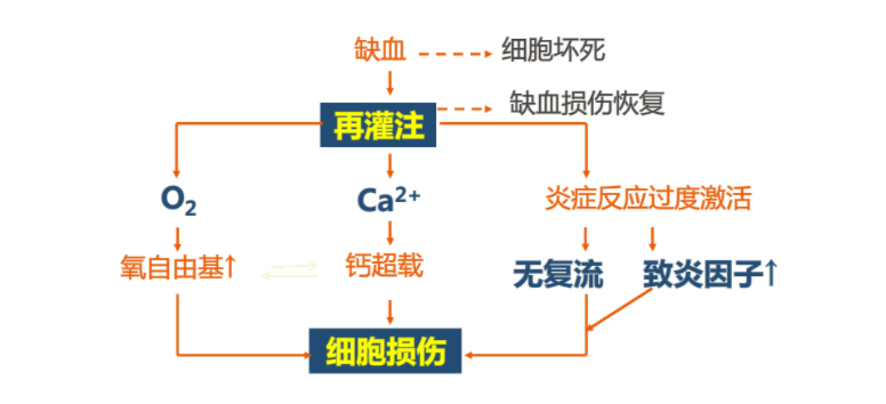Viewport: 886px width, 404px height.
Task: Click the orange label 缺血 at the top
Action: pos(380,52)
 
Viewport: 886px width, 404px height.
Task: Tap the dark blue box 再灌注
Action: pos(379,126)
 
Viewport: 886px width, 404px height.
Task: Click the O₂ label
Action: pos(178,200)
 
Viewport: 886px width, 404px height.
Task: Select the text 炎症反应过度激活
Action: pos(648,199)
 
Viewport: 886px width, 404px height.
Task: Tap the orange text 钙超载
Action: pos(384,266)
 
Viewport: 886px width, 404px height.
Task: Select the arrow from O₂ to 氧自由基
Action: pos(178,237)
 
